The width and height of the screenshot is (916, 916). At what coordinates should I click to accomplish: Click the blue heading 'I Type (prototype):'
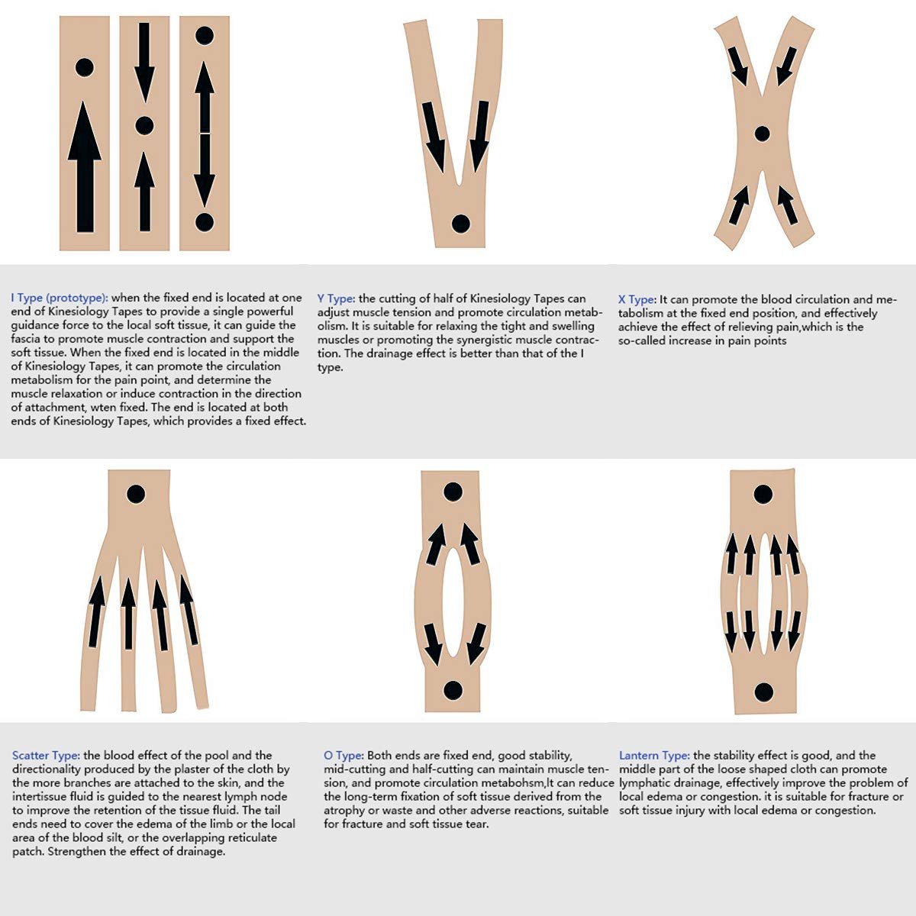(x=60, y=298)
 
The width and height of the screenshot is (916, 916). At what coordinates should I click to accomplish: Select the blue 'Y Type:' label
(x=336, y=299)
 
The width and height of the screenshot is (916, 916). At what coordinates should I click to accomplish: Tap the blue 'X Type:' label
(x=637, y=299)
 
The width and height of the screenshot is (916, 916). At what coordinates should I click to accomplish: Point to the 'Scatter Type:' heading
(x=46, y=756)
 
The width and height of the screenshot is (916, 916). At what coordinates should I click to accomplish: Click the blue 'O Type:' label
(x=343, y=756)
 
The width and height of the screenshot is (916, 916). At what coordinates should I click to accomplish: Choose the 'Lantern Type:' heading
(x=654, y=756)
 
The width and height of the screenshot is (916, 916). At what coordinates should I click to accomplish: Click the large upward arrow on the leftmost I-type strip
(x=85, y=167)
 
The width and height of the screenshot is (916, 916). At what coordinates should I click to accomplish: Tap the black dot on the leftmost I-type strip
(x=85, y=67)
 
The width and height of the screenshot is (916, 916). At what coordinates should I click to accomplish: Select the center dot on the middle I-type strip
(x=144, y=126)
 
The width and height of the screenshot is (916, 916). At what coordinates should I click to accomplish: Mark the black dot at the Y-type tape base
(x=460, y=224)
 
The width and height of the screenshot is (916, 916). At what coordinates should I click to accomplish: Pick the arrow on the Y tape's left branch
(x=434, y=137)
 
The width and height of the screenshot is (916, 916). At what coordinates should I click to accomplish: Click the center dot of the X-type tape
(x=762, y=134)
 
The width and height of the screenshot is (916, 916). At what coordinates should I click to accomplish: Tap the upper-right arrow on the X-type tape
(x=787, y=66)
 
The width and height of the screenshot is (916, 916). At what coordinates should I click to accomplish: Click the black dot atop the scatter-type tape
(x=136, y=495)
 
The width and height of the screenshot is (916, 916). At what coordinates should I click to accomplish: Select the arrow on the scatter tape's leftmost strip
(x=96, y=611)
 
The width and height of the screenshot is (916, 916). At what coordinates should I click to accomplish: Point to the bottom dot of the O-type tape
(x=453, y=690)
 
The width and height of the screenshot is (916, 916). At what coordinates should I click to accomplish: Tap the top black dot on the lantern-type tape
(x=763, y=495)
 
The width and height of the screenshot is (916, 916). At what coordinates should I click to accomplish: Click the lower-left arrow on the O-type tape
(x=433, y=644)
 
